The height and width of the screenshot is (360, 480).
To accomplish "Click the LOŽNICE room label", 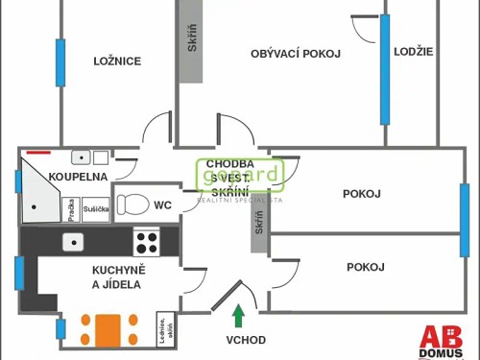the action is (x=117, y=61).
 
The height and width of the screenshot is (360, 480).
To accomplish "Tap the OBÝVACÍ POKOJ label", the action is (x=296, y=54).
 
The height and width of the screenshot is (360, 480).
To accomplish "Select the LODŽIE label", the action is (x=414, y=51).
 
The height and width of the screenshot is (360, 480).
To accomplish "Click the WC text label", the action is (x=163, y=204).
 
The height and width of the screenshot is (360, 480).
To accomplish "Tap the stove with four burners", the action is (x=146, y=240).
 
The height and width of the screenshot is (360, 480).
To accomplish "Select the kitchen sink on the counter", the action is (x=73, y=241).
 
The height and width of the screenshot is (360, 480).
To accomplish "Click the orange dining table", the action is (x=108, y=327).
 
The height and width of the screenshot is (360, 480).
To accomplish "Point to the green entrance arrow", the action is (x=238, y=313).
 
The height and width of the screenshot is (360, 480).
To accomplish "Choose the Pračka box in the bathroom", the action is (x=71, y=207).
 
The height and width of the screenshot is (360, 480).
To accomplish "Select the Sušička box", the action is (x=96, y=208).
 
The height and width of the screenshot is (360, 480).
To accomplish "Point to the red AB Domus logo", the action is (x=442, y=341).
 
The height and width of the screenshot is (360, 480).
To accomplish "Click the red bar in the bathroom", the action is (x=39, y=151).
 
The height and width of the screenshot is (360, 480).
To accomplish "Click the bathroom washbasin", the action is (x=80, y=157).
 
